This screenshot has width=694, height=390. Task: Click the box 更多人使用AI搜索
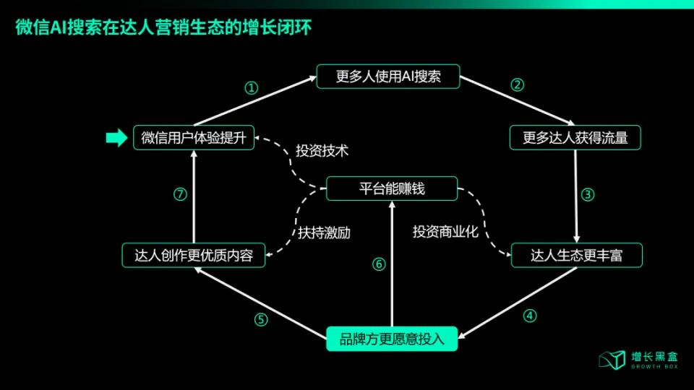(x=388, y=77)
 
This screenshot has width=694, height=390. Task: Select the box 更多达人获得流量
(x=575, y=137)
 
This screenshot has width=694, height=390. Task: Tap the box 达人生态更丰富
(x=576, y=255)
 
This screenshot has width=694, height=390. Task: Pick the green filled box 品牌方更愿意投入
(x=392, y=337)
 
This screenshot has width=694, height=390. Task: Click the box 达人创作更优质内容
(x=194, y=255)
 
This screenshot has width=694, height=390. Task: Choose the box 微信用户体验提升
(x=194, y=137)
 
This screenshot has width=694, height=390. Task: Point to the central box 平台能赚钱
(x=392, y=188)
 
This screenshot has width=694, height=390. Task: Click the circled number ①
(x=251, y=88)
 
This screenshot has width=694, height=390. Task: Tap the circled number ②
(x=517, y=84)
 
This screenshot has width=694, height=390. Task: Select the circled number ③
(x=588, y=194)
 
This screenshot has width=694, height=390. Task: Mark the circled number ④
(x=530, y=316)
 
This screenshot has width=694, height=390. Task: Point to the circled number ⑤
(x=261, y=319)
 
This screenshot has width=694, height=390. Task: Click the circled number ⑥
(x=379, y=264)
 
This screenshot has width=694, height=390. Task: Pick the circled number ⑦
(x=181, y=194)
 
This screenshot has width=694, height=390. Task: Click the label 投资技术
(x=322, y=151)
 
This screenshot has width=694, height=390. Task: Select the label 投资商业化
(x=446, y=232)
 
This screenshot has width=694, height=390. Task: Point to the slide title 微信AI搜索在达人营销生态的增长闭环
(x=166, y=28)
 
